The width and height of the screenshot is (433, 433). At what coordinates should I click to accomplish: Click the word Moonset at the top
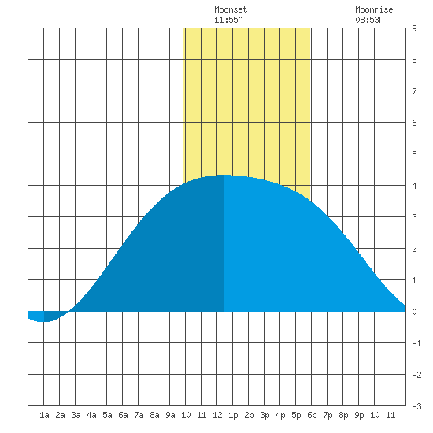231,9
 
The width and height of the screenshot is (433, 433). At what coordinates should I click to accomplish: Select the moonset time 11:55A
228,20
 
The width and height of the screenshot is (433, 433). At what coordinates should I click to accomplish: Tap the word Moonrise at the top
374,9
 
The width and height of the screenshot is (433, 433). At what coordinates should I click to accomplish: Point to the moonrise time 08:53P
369,20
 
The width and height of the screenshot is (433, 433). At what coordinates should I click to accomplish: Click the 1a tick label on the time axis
44,415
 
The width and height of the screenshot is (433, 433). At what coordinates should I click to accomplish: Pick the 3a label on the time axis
76,415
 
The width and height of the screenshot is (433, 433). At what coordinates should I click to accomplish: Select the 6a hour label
123,415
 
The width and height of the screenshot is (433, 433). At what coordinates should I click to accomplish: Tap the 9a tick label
170,415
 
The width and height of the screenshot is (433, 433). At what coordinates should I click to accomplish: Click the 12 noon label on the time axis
217,415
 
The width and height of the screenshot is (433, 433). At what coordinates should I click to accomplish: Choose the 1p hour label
233,415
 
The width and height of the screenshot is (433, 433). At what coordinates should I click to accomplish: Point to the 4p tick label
280,415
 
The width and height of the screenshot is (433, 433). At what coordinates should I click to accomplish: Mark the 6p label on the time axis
312,415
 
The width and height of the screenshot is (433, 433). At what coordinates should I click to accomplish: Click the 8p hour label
343,415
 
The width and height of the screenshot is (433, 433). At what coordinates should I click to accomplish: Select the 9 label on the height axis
414,28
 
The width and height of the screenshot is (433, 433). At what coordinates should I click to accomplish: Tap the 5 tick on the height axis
414,154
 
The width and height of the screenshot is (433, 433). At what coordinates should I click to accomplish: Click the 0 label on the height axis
414,312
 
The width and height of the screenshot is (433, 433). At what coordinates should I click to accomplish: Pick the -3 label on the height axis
416,406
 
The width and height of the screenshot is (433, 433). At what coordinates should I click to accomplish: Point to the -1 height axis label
416,343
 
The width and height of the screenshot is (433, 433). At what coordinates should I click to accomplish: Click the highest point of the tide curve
224,175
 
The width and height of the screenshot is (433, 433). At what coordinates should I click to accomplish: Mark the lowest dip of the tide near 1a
44,321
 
